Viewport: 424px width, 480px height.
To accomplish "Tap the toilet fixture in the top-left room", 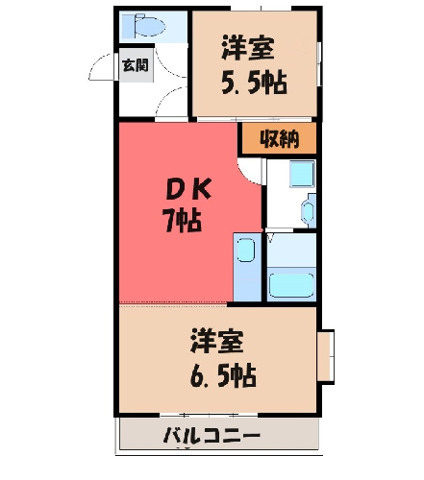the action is [143, 25].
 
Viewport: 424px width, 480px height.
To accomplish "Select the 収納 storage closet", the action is [279, 138].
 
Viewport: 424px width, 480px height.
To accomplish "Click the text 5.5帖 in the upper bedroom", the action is [255, 83].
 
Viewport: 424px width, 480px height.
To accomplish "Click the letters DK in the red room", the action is [188, 189].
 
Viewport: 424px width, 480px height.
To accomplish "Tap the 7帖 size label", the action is [183, 221].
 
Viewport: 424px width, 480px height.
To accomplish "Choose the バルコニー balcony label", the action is [212, 436].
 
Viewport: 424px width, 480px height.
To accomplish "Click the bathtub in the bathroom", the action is [291, 285].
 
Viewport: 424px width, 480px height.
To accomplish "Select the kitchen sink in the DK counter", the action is [246, 250].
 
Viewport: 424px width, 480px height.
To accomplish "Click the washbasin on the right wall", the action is [309, 211].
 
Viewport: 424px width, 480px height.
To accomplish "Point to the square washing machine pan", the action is [302, 174].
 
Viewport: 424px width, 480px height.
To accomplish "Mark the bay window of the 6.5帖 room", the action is [326, 355].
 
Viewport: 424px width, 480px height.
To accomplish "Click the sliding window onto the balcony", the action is [209, 415].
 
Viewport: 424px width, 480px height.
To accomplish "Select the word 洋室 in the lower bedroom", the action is [217, 341].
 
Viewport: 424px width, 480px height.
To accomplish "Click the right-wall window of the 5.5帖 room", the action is [319, 63].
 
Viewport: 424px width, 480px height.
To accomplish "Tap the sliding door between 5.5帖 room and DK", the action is [254, 119].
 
